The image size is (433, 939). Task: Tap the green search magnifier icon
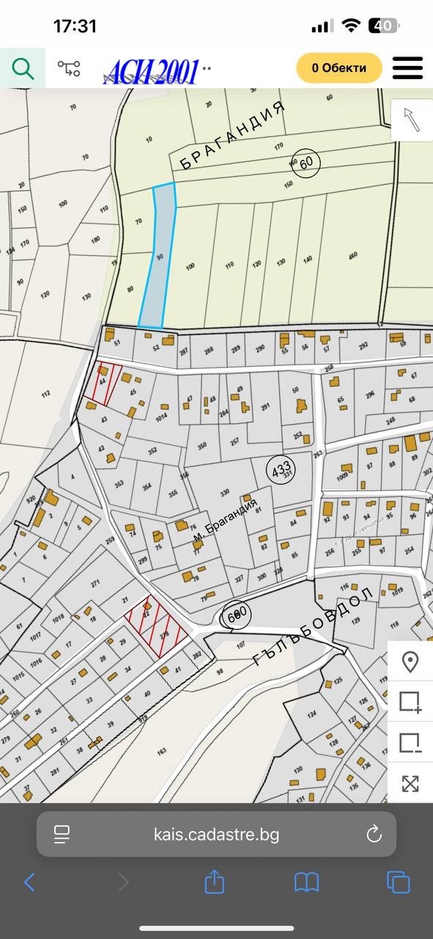click(23, 69)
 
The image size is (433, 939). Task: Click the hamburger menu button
click(408, 68)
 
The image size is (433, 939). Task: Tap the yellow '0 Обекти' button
click(340, 68)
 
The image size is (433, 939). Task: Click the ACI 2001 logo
click(152, 71)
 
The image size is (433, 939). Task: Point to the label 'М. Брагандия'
click(226, 522)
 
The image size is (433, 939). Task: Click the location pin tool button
click(410, 662)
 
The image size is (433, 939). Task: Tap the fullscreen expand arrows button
click(410, 783)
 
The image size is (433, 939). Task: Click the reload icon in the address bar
click(374, 834)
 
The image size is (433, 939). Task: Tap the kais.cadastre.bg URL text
click(216, 834)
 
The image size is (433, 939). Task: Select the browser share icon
click(214, 881)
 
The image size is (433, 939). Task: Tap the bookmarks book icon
click(306, 881)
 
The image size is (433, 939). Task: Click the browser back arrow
click(29, 881)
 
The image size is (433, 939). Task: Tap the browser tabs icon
click(398, 881)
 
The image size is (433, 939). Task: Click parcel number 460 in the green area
click(354, 256)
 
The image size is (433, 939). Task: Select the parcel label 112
click(45, 394)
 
